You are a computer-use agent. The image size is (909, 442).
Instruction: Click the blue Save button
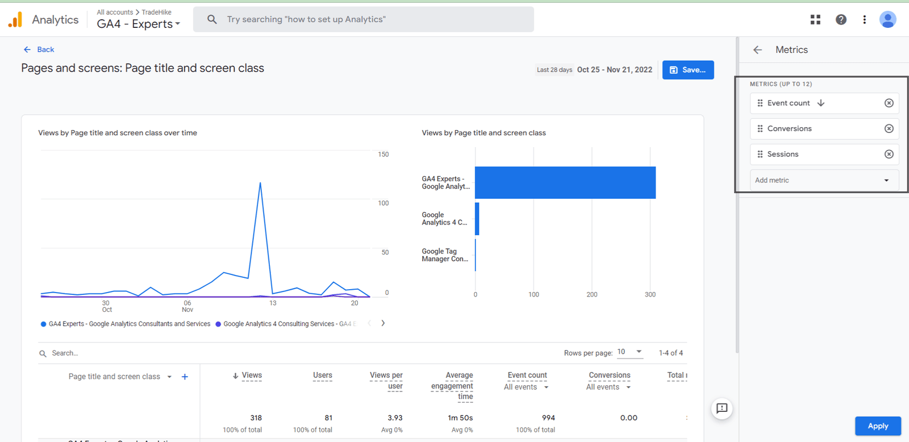[687, 70]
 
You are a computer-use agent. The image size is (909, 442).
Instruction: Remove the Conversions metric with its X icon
[889, 128]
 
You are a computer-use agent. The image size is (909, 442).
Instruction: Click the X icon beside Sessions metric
[889, 154]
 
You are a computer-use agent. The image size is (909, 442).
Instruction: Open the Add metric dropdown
[824, 180]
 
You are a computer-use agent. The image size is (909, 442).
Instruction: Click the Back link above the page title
[39, 49]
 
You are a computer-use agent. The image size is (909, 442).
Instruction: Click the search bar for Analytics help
[364, 19]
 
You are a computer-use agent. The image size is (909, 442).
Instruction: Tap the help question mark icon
[841, 19]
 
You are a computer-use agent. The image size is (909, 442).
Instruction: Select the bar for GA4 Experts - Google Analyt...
[565, 182]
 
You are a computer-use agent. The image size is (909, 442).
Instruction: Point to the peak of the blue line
[260, 183]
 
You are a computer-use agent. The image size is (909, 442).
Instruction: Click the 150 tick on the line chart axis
[383, 155]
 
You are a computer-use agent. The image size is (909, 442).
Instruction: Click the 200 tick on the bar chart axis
[591, 294]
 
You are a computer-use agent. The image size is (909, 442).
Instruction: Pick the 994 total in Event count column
[548, 418]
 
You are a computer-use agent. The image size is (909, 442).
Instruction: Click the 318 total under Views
[256, 418]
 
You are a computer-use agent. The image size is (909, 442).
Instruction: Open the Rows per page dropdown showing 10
[629, 352]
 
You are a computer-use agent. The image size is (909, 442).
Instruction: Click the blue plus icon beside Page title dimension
[185, 377]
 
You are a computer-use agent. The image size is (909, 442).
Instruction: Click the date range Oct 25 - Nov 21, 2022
[614, 70]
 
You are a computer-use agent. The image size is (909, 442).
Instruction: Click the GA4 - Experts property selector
[138, 24]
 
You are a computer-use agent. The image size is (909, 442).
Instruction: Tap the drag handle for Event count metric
[760, 103]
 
